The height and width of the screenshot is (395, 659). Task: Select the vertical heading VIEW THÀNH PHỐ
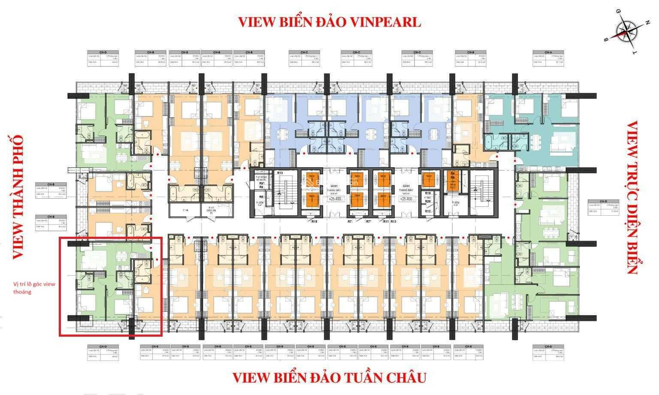[17, 197]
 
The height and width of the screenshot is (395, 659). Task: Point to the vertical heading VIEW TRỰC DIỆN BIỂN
[633, 197]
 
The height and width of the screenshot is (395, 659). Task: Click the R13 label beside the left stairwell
[280, 173]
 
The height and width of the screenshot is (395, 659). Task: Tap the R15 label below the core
[314, 222]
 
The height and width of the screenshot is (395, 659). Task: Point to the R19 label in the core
[427, 193]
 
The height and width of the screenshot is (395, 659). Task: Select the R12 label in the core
[427, 211]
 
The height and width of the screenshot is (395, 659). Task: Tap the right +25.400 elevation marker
[406, 199]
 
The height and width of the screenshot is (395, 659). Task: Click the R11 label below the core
[386, 222]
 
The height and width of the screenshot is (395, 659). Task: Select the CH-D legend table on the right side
[603, 206]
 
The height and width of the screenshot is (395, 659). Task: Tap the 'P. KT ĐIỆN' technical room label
[210, 211]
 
